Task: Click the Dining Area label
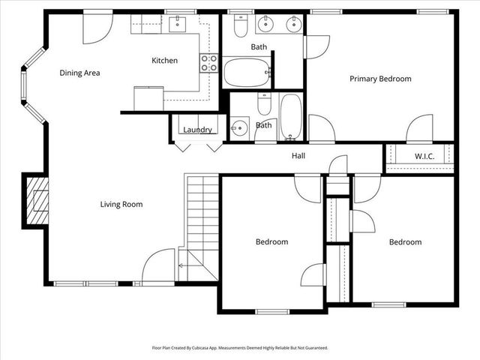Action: [x=79, y=73]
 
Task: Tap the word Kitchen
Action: [x=164, y=61]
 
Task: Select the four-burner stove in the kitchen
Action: [x=208, y=62]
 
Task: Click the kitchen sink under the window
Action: [x=178, y=25]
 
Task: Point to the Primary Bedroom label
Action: [x=380, y=79]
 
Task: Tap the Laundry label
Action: [x=197, y=130]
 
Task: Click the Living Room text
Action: [x=121, y=204]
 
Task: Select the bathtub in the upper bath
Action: [x=247, y=73]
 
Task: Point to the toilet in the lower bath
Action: [x=264, y=103]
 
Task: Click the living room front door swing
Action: [x=159, y=266]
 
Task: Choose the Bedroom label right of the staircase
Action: [x=271, y=241]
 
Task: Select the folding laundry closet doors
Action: [x=197, y=146]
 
